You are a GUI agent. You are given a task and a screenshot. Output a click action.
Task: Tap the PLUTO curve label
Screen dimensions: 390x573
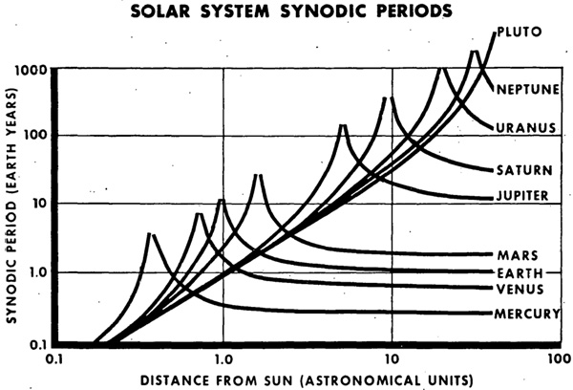pos(520,32)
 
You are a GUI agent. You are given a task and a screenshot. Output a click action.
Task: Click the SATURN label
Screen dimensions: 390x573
pos(523,170)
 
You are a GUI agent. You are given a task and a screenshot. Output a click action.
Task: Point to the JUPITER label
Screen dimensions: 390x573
pos(521,196)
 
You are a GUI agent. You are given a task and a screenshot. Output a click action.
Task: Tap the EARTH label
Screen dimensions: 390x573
pos(517,271)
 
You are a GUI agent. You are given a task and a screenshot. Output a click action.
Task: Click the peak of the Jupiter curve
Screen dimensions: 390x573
pos(342,124)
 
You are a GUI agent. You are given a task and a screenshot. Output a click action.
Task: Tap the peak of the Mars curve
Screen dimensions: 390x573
pos(257,175)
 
